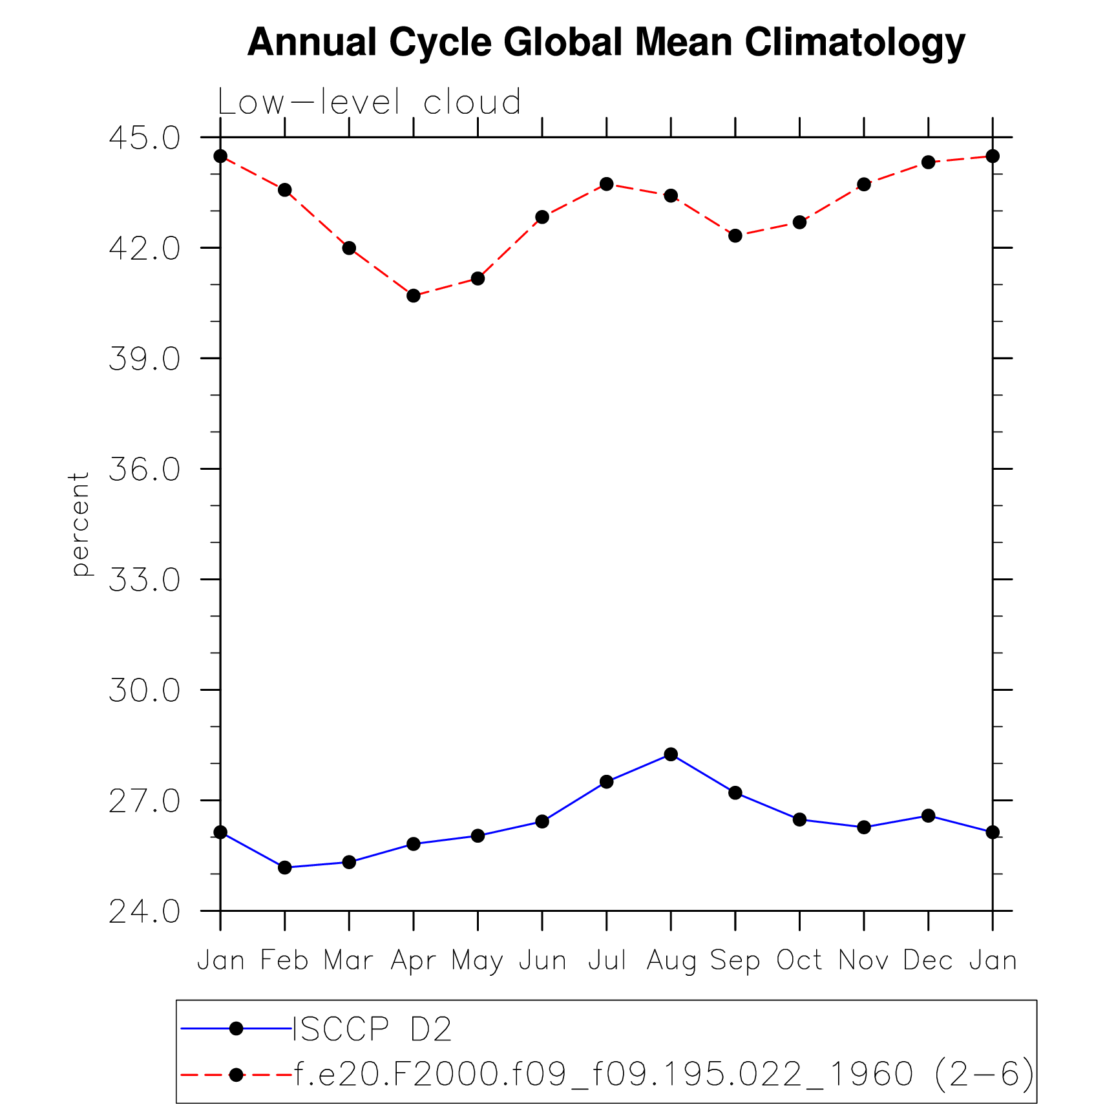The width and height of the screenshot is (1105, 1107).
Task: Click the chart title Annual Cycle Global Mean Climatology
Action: click(x=605, y=43)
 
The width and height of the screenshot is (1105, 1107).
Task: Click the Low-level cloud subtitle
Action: click(x=369, y=102)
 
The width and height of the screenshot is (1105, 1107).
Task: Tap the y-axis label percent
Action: click(x=79, y=523)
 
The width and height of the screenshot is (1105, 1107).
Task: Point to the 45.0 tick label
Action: click(x=144, y=138)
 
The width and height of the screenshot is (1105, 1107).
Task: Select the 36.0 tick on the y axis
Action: click(x=144, y=469)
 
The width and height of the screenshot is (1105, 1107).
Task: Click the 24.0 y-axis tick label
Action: click(x=144, y=912)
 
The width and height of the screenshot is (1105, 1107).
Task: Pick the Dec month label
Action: click(x=928, y=960)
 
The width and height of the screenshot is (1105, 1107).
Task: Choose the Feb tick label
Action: click(x=284, y=960)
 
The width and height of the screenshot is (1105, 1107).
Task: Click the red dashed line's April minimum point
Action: click(x=414, y=296)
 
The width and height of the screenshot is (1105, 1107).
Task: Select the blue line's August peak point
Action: click(x=671, y=754)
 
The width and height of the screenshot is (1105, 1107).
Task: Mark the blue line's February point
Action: click(x=284, y=867)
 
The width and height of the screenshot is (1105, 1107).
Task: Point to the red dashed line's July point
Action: click(x=606, y=184)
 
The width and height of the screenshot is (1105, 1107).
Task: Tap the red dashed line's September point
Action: click(x=735, y=236)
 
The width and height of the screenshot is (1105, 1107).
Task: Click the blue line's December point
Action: click(x=928, y=816)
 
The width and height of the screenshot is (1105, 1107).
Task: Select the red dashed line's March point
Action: click(x=349, y=248)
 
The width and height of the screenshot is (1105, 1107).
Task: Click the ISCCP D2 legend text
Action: click(x=372, y=1029)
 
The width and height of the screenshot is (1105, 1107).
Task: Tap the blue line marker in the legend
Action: click(x=236, y=1028)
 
